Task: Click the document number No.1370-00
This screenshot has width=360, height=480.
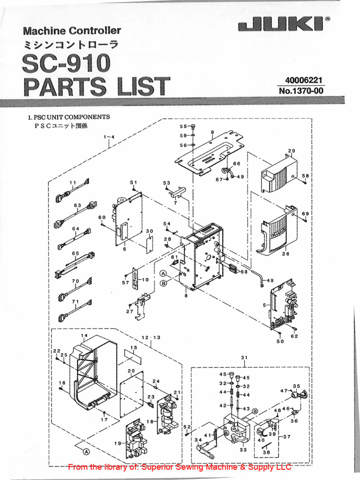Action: click(x=301, y=91)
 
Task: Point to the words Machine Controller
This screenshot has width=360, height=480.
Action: click(x=72, y=31)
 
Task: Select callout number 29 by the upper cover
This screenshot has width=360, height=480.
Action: click(x=291, y=151)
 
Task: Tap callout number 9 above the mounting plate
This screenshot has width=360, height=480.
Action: click(x=212, y=133)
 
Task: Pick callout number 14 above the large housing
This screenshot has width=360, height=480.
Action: click(x=84, y=336)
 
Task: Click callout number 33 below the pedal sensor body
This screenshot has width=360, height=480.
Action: click(x=243, y=450)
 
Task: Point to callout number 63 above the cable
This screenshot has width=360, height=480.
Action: click(x=77, y=205)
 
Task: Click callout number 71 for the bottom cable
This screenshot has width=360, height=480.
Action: click(x=75, y=301)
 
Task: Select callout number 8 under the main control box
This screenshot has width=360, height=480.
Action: click(x=186, y=296)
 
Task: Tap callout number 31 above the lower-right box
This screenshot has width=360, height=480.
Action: click(x=244, y=358)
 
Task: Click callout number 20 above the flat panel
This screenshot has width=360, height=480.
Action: click(x=131, y=371)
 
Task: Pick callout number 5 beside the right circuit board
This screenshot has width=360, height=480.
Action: click(x=265, y=305)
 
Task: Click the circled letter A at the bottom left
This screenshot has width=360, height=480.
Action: click(x=86, y=451)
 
